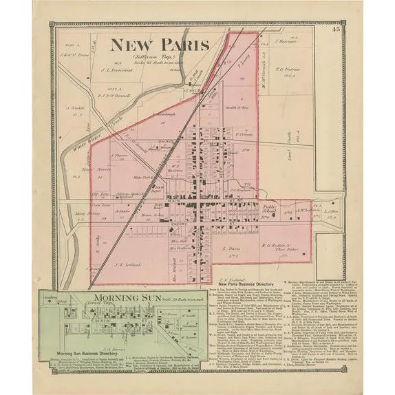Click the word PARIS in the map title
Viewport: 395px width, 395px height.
180,46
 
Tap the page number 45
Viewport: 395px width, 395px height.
335,29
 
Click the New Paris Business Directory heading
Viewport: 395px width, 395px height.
246,284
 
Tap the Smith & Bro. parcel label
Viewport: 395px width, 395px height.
237,108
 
